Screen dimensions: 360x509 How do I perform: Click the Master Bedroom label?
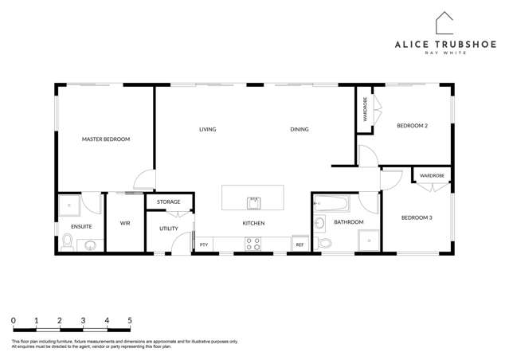pyautogui.click(x=105, y=139)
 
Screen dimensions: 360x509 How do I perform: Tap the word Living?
pyautogui.click(x=207, y=129)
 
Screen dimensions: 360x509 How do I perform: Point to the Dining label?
pyautogui.click(x=299, y=129)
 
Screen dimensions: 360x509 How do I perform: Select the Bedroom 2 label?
pyautogui.click(x=413, y=126)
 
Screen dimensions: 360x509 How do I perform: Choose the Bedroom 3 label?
pyautogui.click(x=416, y=217)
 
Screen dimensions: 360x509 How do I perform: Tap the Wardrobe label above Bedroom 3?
pyautogui.click(x=432, y=175)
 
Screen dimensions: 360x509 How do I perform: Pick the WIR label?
pyautogui.click(x=125, y=224)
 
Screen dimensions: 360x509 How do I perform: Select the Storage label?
pyautogui.click(x=168, y=202)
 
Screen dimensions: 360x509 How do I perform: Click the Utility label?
pyautogui.click(x=168, y=229)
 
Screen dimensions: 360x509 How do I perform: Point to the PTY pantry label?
pyautogui.click(x=204, y=245)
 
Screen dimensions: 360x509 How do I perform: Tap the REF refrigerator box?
pyautogui.click(x=300, y=245)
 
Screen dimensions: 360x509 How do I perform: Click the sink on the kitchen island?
pyautogui.click(x=253, y=201)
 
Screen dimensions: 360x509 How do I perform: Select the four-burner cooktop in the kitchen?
pyautogui.click(x=253, y=244)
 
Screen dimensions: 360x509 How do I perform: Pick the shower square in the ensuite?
pyautogui.click(x=70, y=207)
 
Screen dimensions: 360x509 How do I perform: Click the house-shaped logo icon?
pyautogui.click(x=444, y=23)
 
